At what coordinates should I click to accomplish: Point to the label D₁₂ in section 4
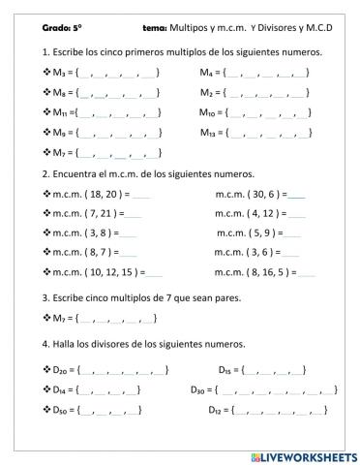pos(217,410)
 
